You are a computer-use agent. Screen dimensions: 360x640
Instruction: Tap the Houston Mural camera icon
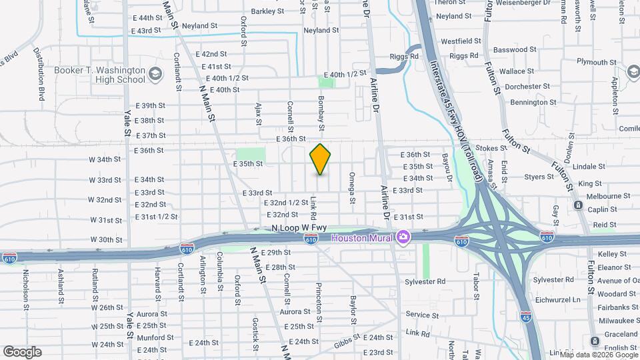point(403,237)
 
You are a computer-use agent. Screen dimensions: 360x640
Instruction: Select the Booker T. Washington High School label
point(108,75)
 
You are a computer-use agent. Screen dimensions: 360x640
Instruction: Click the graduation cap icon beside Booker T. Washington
point(155,73)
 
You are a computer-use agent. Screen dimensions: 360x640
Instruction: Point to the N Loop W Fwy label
point(299,228)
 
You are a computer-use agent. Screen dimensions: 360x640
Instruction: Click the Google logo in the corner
point(22,351)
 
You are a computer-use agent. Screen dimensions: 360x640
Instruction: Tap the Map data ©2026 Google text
point(598,354)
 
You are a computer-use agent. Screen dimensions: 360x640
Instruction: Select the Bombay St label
point(321,115)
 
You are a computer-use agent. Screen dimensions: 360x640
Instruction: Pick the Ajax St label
point(257,113)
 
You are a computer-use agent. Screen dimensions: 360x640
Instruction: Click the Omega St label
point(351,185)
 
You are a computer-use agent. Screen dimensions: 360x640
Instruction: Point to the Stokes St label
point(493,147)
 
